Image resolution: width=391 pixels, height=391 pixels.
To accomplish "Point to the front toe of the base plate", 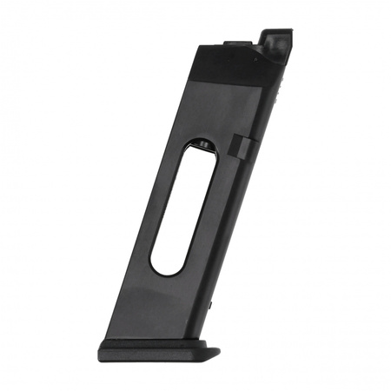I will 212,355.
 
